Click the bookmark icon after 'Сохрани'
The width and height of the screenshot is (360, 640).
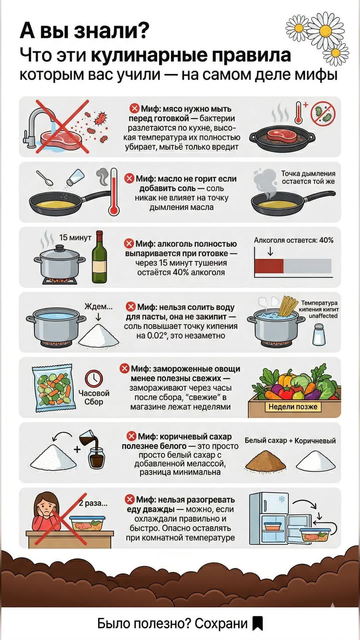[258, 623]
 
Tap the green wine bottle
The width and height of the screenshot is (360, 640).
[99, 257]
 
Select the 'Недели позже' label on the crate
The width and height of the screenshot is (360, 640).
[293, 407]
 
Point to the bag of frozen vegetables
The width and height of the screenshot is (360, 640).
[52, 388]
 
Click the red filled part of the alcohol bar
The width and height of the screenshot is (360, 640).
[269, 266]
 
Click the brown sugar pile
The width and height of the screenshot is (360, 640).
[266, 461]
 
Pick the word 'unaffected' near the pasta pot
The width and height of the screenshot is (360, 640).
[323, 316]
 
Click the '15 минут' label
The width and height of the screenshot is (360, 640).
[75, 237]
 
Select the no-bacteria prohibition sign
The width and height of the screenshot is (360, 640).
[323, 114]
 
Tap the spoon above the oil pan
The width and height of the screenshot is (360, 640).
[44, 178]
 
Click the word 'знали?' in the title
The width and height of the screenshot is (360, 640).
[111, 31]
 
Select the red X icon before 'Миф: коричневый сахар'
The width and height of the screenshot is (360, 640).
[132, 436]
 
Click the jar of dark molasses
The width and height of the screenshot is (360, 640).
[96, 458]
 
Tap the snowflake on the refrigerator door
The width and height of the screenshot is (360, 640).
[282, 499]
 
